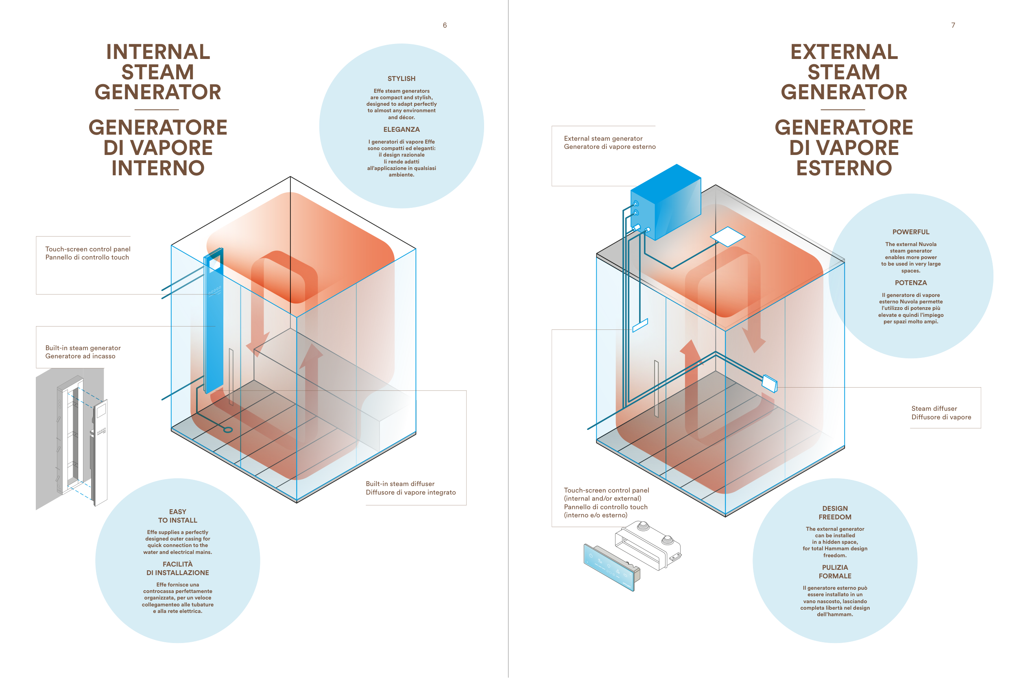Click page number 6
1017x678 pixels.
[445, 25]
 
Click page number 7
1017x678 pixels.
[953, 25]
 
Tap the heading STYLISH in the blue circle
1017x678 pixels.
[401, 78]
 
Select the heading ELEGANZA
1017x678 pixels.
[401, 129]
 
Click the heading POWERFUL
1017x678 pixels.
[911, 232]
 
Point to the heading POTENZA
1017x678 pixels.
[911, 283]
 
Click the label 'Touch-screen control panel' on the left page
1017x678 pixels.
[88, 249]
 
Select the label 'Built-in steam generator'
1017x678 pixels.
[83, 348]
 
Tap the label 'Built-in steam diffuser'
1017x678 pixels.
[400, 484]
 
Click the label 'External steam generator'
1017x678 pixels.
[603, 138]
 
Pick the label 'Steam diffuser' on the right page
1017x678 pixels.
[934, 409]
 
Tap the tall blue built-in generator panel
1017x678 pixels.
[214, 320]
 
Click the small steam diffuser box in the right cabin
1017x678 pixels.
[769, 383]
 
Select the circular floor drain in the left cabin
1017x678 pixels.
[228, 430]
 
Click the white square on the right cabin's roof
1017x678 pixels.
[728, 237]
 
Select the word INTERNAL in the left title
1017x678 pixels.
[158, 52]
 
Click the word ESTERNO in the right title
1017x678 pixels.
[844, 168]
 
